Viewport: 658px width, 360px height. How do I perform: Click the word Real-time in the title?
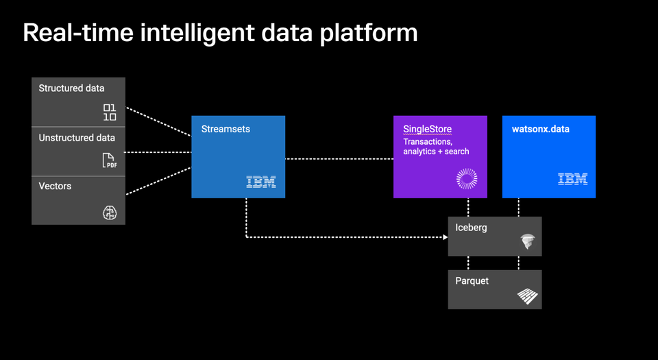75,32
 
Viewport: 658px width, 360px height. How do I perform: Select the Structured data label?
71,88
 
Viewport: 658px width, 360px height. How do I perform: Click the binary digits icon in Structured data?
110,112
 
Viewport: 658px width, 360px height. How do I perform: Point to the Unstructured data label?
77,138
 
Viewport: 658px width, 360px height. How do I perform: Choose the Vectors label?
55,186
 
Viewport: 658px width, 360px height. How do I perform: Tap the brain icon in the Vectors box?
110,213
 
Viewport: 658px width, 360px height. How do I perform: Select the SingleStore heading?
427,129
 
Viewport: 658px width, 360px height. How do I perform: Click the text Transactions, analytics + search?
436,146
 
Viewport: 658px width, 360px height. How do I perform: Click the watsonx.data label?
541,129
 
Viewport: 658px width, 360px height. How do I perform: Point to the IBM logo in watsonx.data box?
572,179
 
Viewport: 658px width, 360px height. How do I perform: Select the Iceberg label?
471,228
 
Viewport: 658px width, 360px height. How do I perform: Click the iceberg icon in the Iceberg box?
527,241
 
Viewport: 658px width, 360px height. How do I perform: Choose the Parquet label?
472,280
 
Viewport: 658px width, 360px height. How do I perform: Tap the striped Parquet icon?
527,296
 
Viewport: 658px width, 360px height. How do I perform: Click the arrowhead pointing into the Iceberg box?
444,237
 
